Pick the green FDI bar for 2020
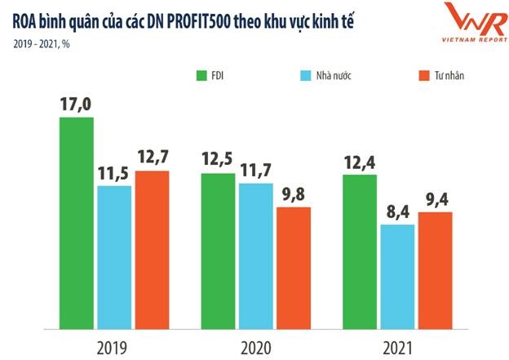217,240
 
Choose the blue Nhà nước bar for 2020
255,245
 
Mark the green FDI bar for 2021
359,241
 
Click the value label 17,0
76,104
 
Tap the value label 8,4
397,211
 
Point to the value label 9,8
294,194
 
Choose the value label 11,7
255,171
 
